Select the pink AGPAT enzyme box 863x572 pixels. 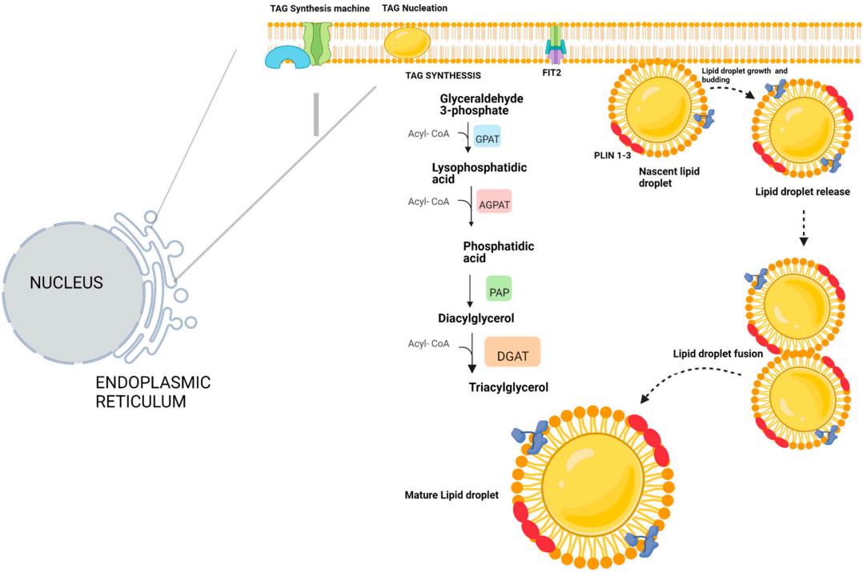pos(493,203)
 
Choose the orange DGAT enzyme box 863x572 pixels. pos(512,351)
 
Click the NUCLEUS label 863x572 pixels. pos(66,282)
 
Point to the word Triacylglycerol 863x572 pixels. pos(508,388)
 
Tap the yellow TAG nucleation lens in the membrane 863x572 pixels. pos(407,42)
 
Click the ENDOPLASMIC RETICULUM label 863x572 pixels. pos(152,392)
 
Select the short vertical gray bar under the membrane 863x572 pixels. pos(316,114)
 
